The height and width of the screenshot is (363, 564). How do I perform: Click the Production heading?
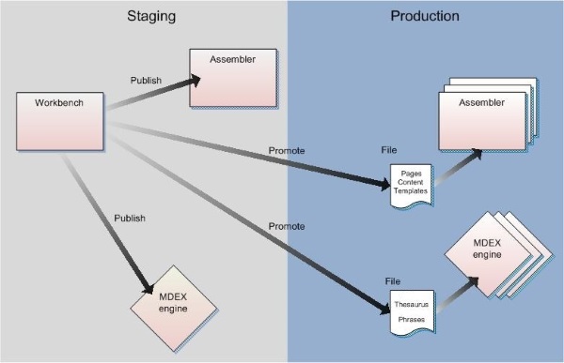425,16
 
